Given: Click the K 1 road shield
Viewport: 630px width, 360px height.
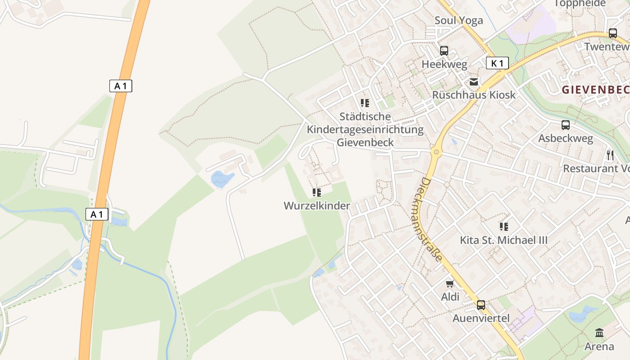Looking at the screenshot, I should [x=497, y=63].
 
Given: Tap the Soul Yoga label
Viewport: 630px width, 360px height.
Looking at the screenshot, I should [x=459, y=20].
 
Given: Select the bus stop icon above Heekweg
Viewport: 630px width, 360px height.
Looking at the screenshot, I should [x=444, y=51].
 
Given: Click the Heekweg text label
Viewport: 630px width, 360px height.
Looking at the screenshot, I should [x=444, y=64].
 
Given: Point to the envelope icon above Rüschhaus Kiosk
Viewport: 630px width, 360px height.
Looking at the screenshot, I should [x=474, y=82].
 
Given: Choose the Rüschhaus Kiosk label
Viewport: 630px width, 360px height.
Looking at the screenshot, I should [x=474, y=95].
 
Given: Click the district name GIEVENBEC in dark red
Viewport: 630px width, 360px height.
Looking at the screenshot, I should [x=595, y=90].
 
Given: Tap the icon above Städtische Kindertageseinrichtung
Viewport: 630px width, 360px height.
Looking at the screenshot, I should [x=365, y=103].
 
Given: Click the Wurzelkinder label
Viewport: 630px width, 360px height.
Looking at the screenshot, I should [x=317, y=206].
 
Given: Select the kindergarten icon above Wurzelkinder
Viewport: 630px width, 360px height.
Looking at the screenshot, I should [x=317, y=193].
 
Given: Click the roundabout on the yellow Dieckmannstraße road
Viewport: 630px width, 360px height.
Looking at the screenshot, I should [x=436, y=152].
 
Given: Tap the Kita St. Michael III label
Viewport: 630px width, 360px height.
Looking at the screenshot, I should [x=504, y=240].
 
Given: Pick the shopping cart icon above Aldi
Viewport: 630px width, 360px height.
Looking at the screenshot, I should [x=450, y=283].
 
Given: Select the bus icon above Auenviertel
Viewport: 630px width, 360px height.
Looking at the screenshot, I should [x=481, y=305].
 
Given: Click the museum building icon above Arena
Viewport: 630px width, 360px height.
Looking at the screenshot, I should [x=599, y=333].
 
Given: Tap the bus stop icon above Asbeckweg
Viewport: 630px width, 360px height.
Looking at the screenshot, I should [x=566, y=125].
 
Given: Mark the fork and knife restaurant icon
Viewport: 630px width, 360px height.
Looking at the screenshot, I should [x=610, y=155].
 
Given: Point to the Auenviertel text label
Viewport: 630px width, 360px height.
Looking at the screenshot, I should [x=481, y=319].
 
